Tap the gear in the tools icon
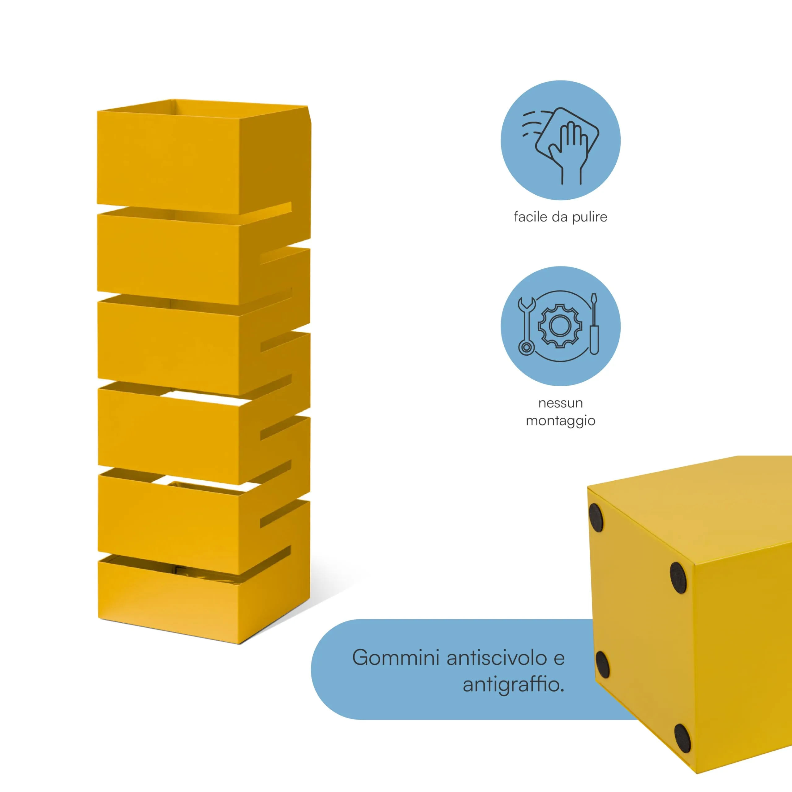tap(560, 326)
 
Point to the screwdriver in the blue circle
tap(594, 324)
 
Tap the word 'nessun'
tap(560, 404)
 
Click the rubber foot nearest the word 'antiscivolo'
tap(602, 664)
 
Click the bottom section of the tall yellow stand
tap(204, 599)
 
